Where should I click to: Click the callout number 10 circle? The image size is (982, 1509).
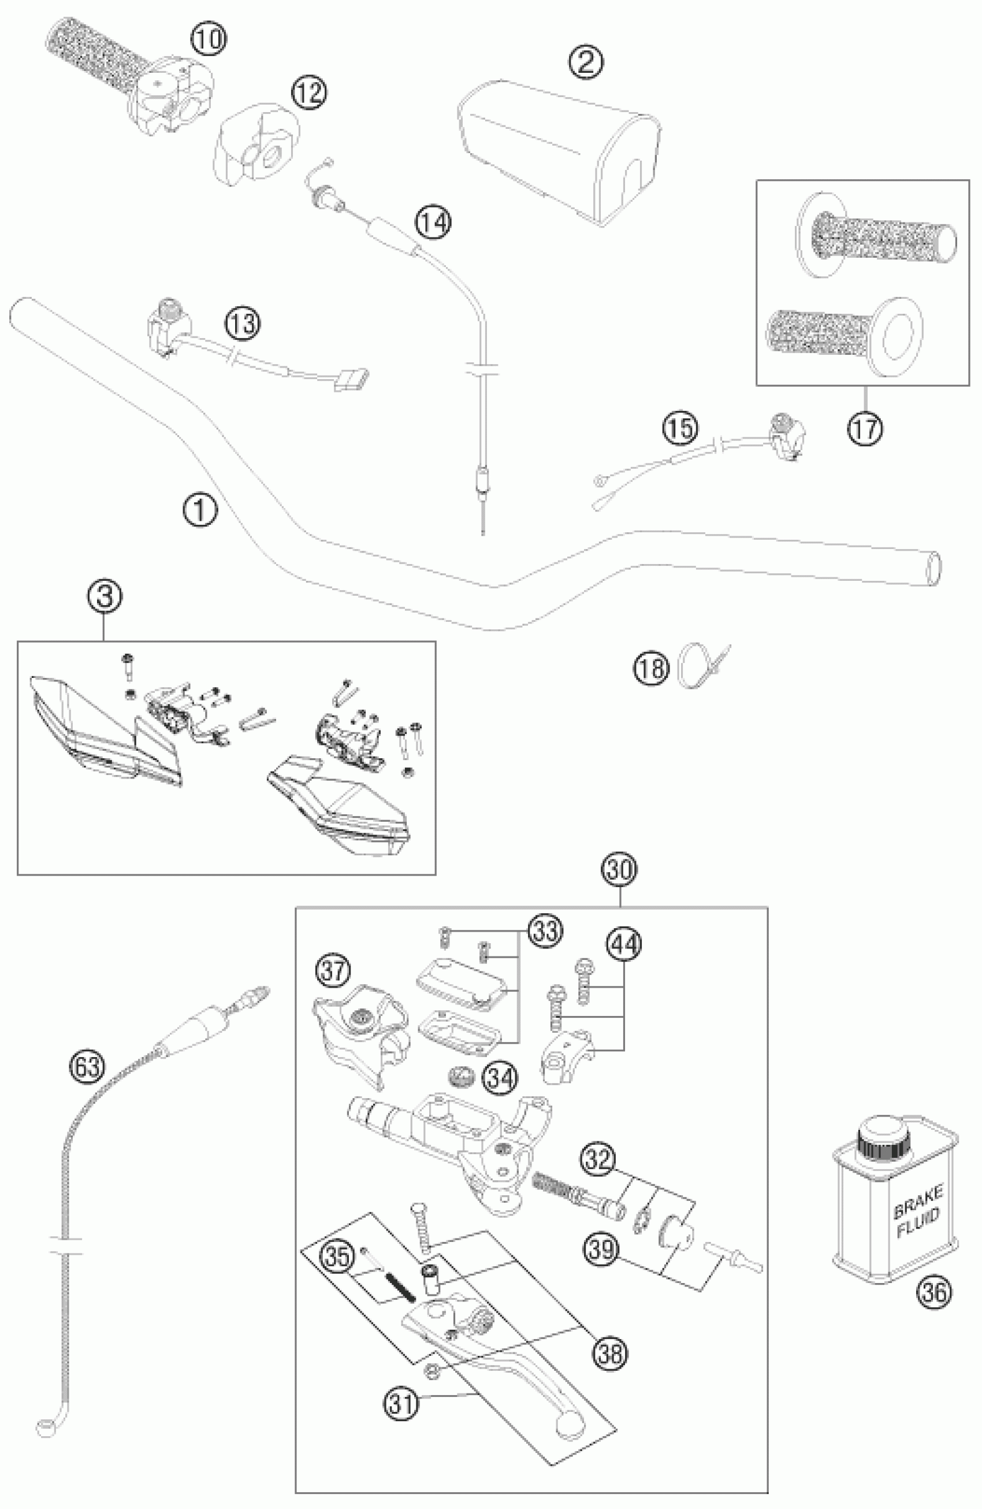pyautogui.click(x=209, y=39)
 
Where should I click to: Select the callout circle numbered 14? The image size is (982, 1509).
pyautogui.click(x=434, y=223)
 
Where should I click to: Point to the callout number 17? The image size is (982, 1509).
pyautogui.click(x=865, y=429)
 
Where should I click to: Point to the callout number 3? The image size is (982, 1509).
pyautogui.click(x=105, y=597)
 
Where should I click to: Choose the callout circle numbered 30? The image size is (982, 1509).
pyautogui.click(x=619, y=870)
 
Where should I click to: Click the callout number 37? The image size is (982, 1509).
pyautogui.click(x=333, y=971)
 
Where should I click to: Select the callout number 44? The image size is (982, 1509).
pyautogui.click(x=623, y=944)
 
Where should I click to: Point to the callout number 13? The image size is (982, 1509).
pyautogui.click(x=243, y=324)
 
